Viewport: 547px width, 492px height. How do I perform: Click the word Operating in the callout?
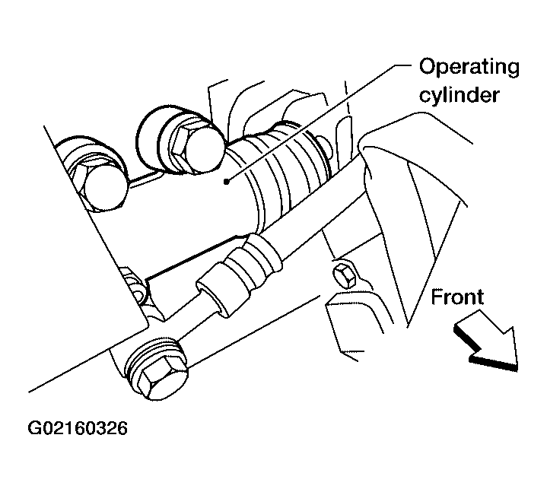[469, 68]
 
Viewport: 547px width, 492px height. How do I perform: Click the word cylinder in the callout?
[459, 94]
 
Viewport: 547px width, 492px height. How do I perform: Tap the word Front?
[457, 297]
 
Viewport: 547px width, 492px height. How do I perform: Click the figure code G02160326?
[78, 428]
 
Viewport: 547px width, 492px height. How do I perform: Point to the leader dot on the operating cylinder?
[227, 181]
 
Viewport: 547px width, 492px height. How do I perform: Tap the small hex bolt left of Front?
[345, 276]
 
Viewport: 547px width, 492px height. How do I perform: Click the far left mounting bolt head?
[101, 186]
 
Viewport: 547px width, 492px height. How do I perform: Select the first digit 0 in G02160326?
[47, 428]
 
